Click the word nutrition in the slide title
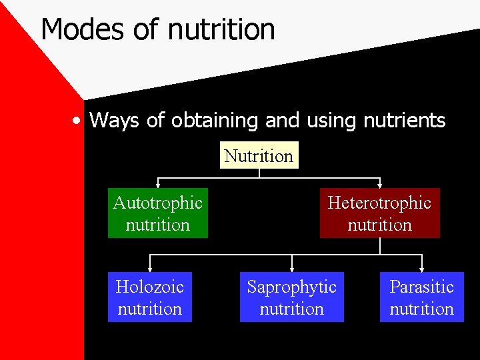(222, 30)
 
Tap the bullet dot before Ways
(79, 121)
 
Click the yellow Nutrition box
(259, 155)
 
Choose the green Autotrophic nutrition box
(158, 213)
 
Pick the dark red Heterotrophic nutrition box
(379, 213)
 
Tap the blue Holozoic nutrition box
(150, 297)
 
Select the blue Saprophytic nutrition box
(292, 297)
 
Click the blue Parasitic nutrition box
(421, 297)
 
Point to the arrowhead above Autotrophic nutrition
(158, 185)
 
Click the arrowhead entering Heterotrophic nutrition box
(379, 185)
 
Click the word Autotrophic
(158, 203)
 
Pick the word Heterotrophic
(379, 203)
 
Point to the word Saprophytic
(292, 287)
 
